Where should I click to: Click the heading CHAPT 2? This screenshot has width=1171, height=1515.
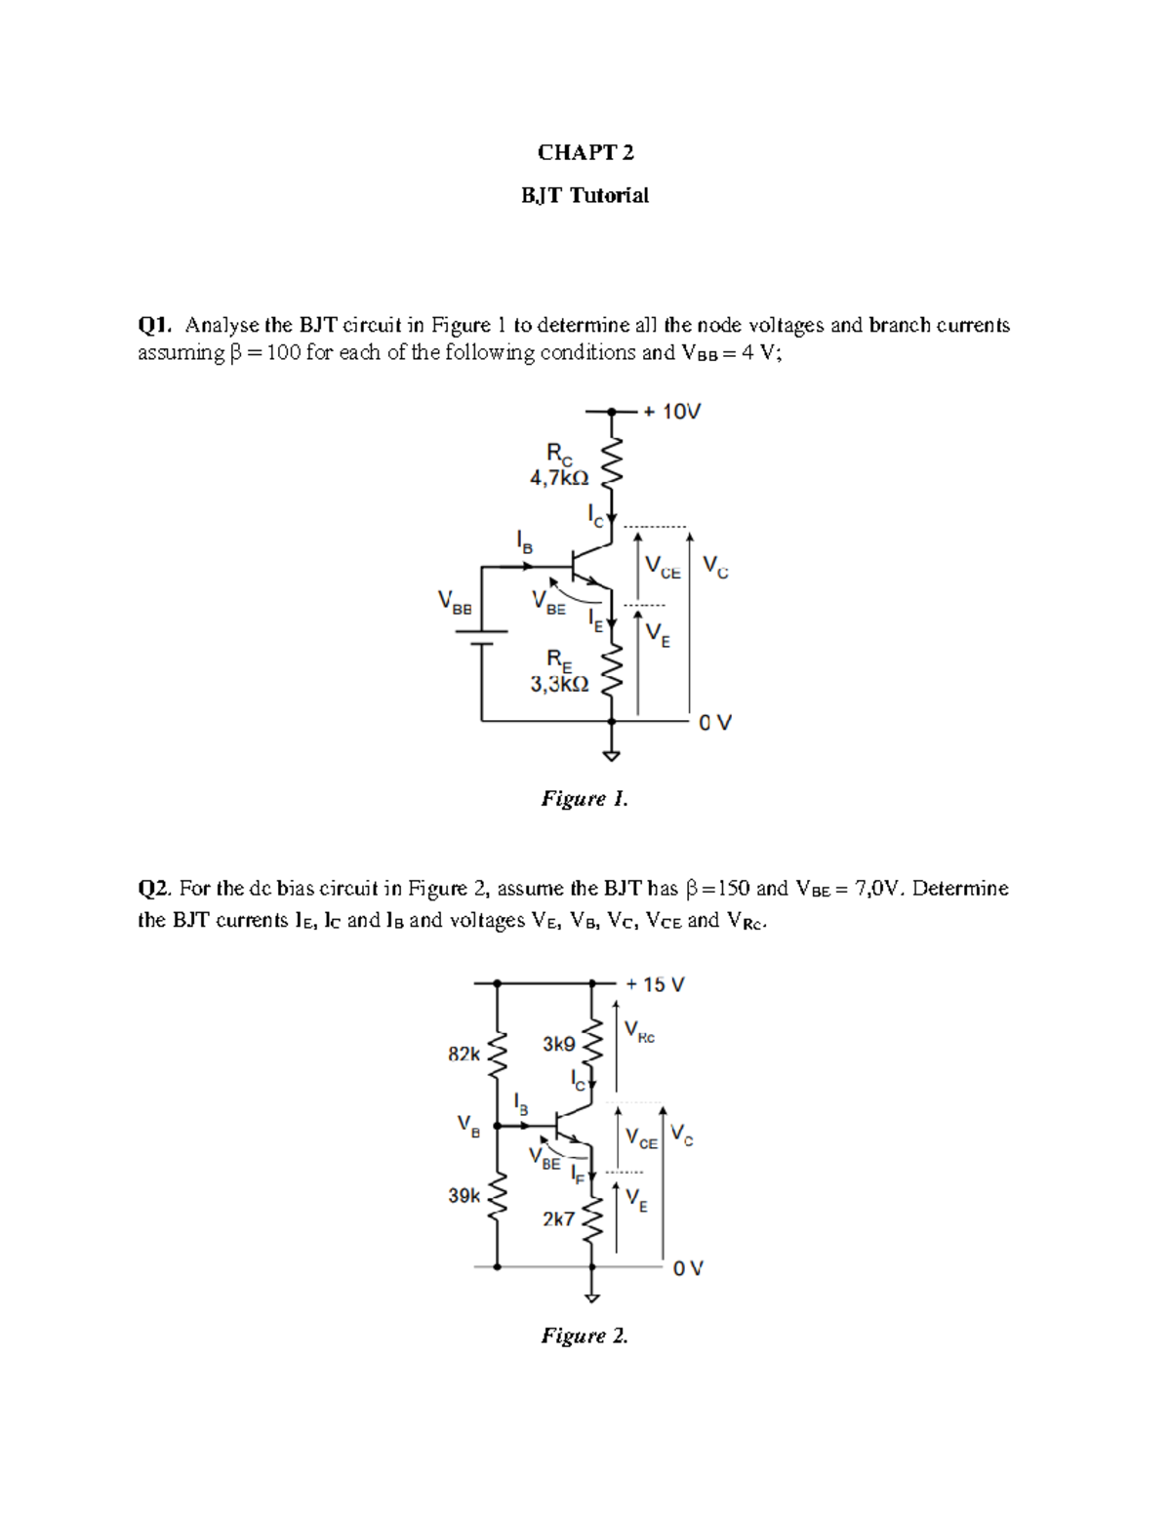(x=585, y=152)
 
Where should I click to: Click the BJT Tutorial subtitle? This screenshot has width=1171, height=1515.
(x=585, y=195)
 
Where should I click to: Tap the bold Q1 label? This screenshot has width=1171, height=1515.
(x=155, y=325)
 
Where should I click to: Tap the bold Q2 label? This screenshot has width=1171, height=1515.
(x=155, y=889)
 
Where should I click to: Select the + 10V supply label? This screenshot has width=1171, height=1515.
(x=672, y=412)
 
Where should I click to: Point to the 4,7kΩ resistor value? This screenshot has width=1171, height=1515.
(x=559, y=478)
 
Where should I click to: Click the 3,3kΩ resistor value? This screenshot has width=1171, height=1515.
(x=559, y=685)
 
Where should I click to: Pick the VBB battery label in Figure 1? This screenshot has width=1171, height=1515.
(x=455, y=602)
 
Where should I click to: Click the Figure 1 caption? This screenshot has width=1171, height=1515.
(x=585, y=799)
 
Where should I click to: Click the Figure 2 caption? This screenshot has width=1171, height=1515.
(x=585, y=1336)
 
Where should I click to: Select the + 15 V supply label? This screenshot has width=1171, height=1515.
(x=656, y=984)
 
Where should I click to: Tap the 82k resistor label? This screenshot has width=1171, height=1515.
(x=464, y=1054)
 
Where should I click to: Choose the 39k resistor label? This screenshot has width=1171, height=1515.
(x=464, y=1195)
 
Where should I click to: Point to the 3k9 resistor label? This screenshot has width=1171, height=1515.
(x=558, y=1044)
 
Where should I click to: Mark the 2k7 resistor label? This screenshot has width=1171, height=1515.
(x=558, y=1218)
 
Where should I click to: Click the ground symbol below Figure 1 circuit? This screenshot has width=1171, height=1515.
(x=612, y=754)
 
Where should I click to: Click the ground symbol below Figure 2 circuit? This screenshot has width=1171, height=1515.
(x=591, y=1297)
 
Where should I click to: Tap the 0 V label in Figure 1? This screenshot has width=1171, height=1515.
(x=715, y=723)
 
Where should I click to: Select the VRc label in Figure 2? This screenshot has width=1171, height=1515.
(x=639, y=1032)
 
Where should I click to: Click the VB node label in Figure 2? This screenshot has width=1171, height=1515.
(x=468, y=1126)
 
